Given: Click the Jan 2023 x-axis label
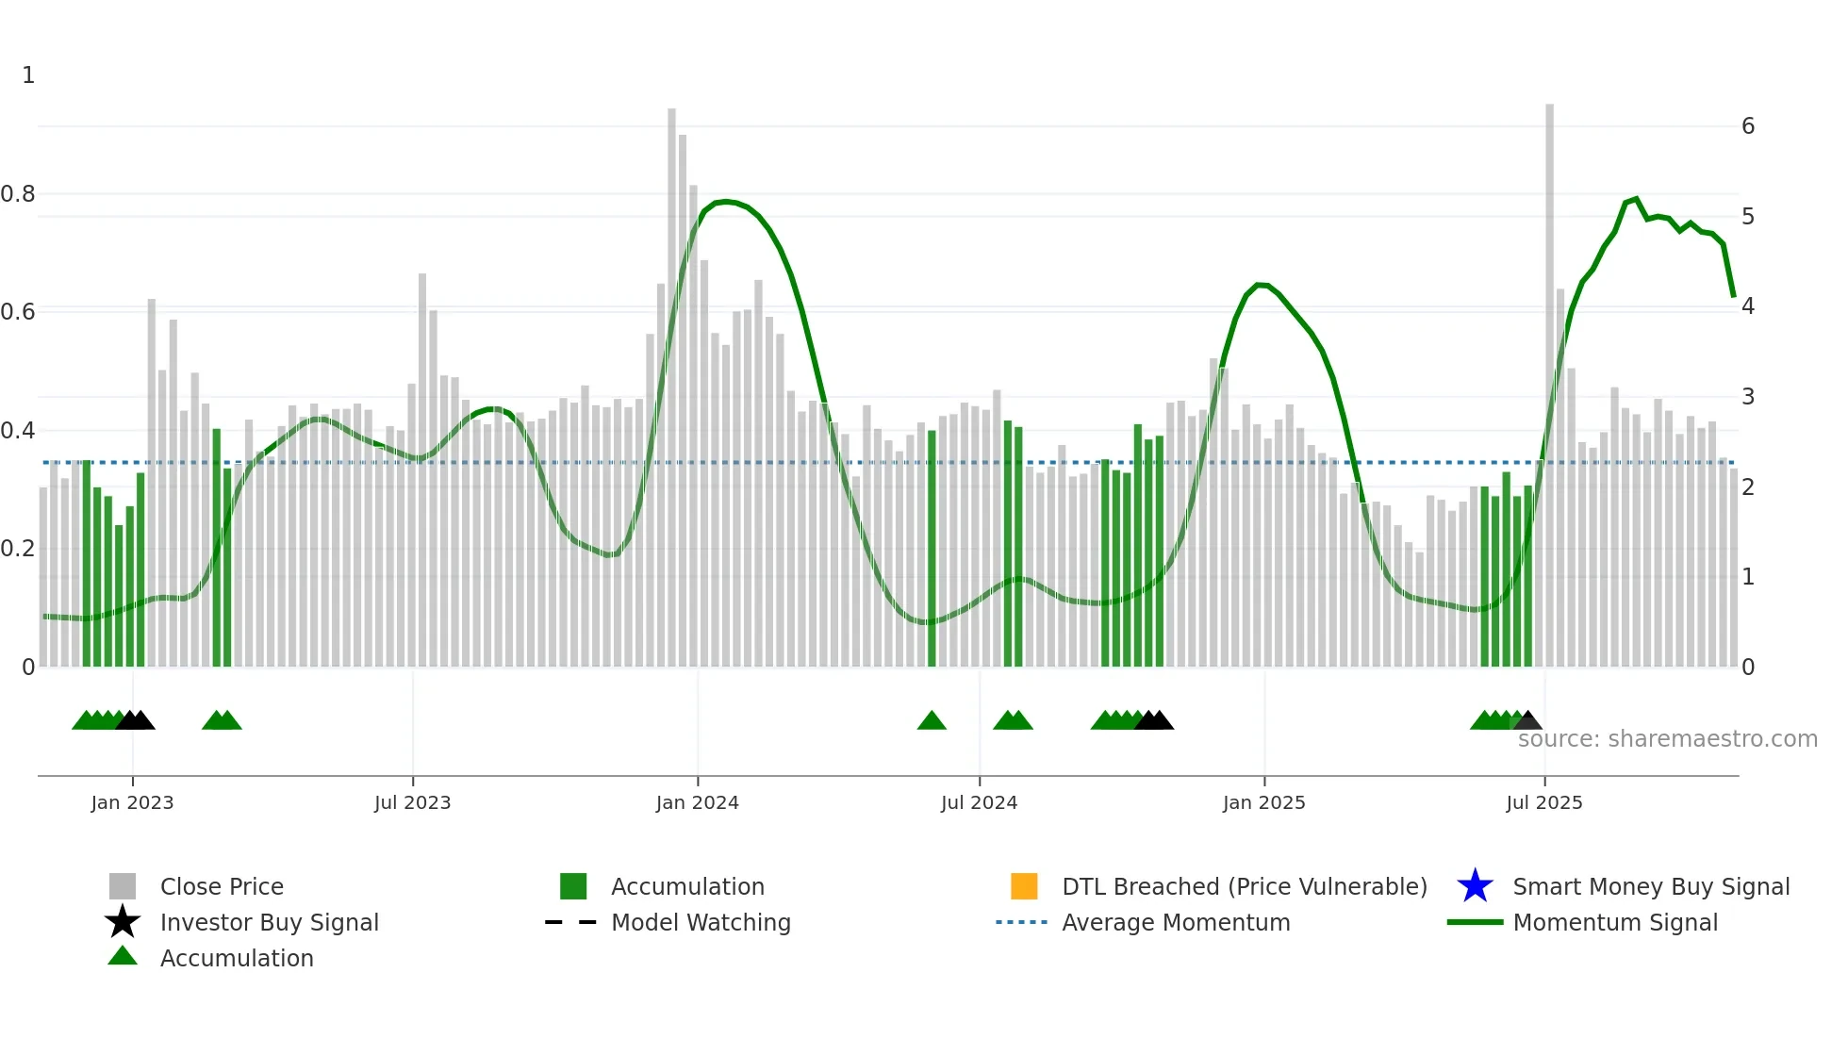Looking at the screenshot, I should [x=132, y=802].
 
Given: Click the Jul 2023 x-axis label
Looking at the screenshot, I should [x=412, y=802].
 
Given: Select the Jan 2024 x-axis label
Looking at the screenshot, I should [x=697, y=802].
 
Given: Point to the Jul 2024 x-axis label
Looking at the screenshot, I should [x=979, y=802].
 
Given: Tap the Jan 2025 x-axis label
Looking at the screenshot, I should [x=1263, y=802].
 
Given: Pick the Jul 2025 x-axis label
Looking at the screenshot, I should [x=1543, y=802].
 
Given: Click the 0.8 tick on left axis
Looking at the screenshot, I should [x=18, y=194].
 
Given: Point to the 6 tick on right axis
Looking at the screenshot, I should [x=1748, y=126].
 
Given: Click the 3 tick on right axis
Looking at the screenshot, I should [x=1748, y=397].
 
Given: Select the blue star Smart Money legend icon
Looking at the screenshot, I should [x=1475, y=886].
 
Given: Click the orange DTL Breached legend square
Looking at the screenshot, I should [x=1024, y=886].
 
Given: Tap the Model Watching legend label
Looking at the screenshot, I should [x=701, y=922].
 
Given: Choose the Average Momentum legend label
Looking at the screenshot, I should [x=1176, y=922].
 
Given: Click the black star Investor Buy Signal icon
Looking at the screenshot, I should [x=123, y=922].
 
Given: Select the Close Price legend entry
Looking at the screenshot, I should [x=222, y=886].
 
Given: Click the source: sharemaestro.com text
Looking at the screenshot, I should [x=1667, y=739].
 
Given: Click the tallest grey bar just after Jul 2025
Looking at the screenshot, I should [x=1549, y=377].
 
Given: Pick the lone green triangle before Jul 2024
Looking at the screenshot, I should [x=932, y=721].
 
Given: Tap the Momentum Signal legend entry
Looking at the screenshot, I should [x=1614, y=922].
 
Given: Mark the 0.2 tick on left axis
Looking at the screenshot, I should [x=18, y=549].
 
